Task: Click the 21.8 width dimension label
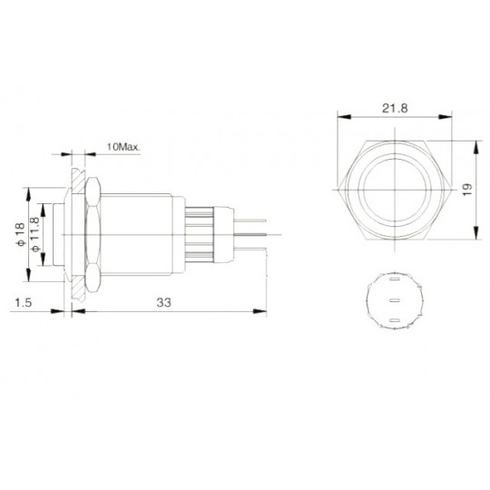click(395, 108)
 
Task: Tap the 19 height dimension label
click(467, 190)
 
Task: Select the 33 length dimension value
click(163, 302)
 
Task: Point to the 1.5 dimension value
click(24, 302)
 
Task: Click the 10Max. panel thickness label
click(123, 147)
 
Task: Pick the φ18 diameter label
click(19, 234)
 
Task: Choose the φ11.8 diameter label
click(35, 234)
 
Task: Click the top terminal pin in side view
click(250, 220)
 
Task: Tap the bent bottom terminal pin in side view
click(250, 250)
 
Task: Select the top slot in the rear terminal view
click(395, 279)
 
